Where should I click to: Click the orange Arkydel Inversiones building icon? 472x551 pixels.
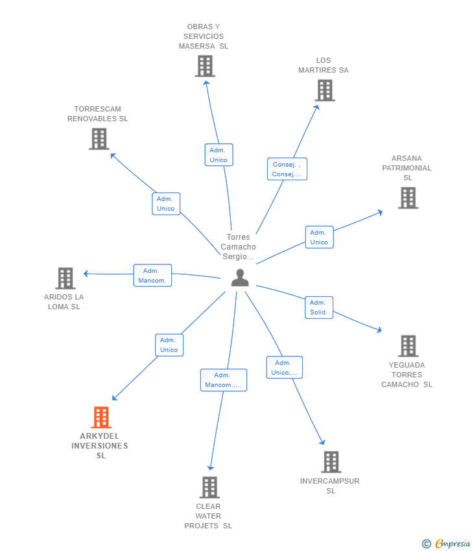[x=101, y=417]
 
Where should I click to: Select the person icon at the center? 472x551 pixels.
[x=240, y=277]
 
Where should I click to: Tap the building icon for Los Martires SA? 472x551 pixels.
[x=325, y=90]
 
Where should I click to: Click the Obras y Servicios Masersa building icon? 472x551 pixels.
[x=205, y=66]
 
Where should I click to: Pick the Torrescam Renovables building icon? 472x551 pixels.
[x=99, y=139]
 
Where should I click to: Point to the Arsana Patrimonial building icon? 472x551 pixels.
[x=408, y=198]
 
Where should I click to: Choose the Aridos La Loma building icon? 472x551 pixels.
[x=65, y=278]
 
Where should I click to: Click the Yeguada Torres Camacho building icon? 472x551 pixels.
[x=408, y=346]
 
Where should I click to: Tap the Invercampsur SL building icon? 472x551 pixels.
[x=331, y=462]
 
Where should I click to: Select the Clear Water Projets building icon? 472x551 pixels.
[x=209, y=487]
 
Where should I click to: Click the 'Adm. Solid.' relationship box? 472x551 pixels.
[x=318, y=307]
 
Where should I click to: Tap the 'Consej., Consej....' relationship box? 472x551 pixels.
[x=287, y=169]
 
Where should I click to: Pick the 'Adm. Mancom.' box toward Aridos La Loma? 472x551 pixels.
[x=152, y=275]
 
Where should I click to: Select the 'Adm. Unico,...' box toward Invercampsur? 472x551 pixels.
[x=284, y=368]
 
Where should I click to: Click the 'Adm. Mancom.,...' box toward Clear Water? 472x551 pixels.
[x=223, y=380]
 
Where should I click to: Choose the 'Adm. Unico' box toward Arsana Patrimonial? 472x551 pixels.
[x=319, y=237]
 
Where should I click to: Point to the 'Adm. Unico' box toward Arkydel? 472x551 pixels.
[x=169, y=345]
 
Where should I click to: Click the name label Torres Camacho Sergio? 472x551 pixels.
[x=239, y=247]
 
